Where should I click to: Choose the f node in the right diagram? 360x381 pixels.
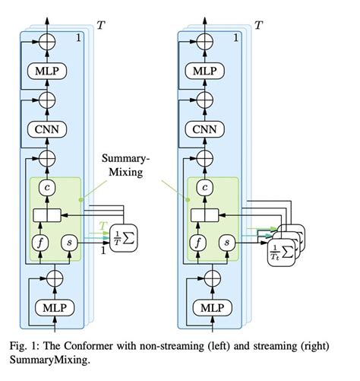click(194, 243)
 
